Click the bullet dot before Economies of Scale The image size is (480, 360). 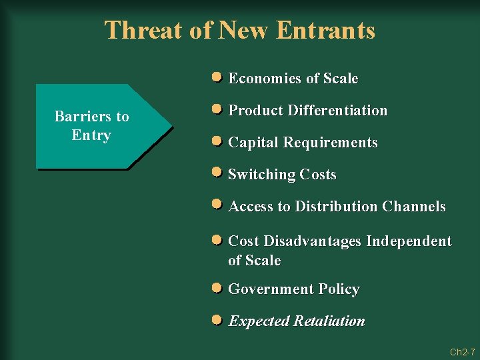(217, 78)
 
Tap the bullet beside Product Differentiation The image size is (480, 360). (217, 110)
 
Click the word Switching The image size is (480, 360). (262, 175)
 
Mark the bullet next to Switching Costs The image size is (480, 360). (217, 173)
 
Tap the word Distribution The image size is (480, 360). (336, 207)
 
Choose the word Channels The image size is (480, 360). (414, 207)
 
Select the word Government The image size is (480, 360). (271, 289)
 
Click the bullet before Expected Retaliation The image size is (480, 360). (217, 320)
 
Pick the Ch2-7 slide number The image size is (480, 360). (462, 351)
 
